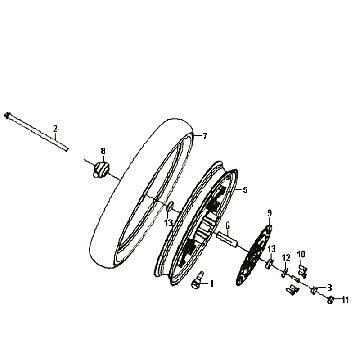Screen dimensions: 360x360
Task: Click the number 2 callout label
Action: click(55, 128)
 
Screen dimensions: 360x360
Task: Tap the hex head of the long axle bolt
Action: click(8, 115)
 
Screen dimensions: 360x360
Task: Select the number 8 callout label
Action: click(101, 151)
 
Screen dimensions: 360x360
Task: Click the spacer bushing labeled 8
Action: click(100, 170)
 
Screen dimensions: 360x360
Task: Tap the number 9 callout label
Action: click(269, 213)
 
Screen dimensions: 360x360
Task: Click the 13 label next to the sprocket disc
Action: click(271, 249)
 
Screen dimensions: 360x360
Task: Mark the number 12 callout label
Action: click(285, 258)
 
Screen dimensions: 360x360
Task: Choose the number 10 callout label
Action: click(301, 254)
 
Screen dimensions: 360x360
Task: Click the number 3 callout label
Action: click(329, 288)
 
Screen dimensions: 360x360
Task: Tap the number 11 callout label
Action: click(343, 300)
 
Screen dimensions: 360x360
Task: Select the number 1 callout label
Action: click(212, 285)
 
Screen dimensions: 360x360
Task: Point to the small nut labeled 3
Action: click(316, 291)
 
